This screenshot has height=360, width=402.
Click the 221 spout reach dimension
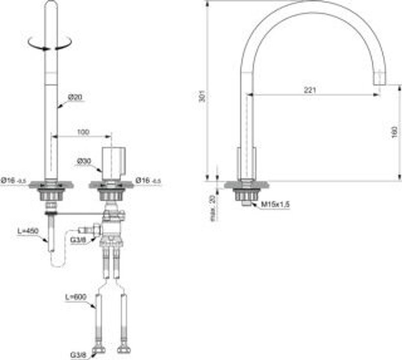310,90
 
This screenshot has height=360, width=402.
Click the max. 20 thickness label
213,207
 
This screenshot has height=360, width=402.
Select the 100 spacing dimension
83,132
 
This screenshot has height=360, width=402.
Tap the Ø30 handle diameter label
84,160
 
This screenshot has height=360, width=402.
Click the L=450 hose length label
28,231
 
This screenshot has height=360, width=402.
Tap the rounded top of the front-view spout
51,5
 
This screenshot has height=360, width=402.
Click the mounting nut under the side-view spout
246,194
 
